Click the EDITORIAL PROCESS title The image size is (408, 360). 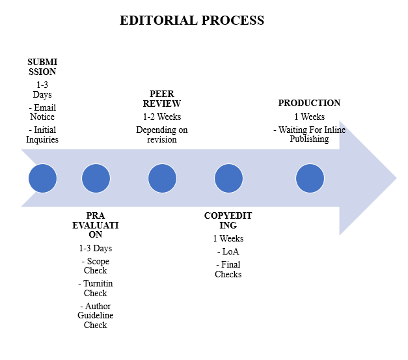click(192, 20)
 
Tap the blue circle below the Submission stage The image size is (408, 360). click(42, 178)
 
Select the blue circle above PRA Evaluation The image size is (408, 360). click(96, 178)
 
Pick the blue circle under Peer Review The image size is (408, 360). click(162, 178)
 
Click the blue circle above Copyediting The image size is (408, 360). click(228, 178)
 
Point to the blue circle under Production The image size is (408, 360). click(310, 178)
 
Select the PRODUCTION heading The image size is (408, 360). click(309, 103)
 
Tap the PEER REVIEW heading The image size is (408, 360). click(162, 98)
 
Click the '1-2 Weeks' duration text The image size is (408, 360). click(162, 117)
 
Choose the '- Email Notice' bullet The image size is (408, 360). click(42, 112)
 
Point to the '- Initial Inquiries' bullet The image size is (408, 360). click(42, 134)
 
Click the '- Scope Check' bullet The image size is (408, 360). click(96, 266)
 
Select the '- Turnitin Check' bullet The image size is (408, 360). click(96, 288)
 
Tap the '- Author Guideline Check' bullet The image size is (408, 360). click(96, 315)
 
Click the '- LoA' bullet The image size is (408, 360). click(228, 251)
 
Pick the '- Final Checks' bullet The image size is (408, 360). click(228, 269)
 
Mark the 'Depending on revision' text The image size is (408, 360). click(162, 134)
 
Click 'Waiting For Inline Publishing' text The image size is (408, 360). click(309, 134)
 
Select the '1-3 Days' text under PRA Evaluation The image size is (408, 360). click(96, 248)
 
